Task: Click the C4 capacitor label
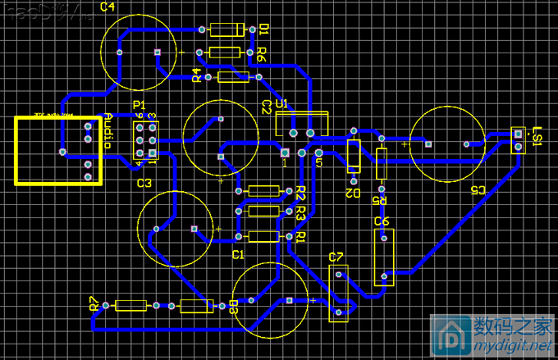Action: click(x=107, y=7)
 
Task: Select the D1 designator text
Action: click(x=264, y=30)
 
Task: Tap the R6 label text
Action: click(x=262, y=54)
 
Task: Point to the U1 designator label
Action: click(x=282, y=104)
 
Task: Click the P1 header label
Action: click(x=139, y=105)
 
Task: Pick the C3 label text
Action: click(x=144, y=183)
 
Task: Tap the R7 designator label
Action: click(x=94, y=304)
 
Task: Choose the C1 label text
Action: click(x=238, y=255)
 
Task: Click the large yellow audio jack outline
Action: click(x=57, y=150)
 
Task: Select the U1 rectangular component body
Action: click(x=301, y=124)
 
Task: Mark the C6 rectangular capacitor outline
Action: click(x=382, y=257)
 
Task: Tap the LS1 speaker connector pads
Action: click(x=518, y=140)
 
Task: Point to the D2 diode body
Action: click(x=354, y=155)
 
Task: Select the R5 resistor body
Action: click(x=381, y=164)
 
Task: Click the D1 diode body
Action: click(x=226, y=30)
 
